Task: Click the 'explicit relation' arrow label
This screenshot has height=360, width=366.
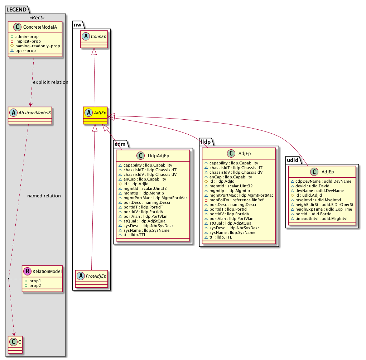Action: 50,82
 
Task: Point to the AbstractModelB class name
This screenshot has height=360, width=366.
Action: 33,112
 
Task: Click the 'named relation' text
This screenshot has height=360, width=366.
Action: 44,196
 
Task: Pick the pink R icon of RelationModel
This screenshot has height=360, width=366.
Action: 28,272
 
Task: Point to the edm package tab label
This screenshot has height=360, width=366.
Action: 119,144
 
